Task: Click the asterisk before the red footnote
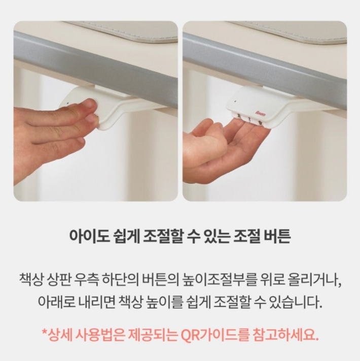(44, 333)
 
